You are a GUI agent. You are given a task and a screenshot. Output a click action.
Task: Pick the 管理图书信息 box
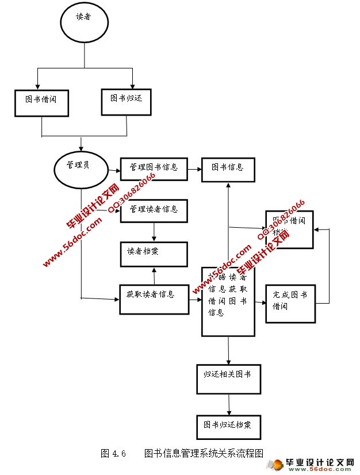coord(154,168)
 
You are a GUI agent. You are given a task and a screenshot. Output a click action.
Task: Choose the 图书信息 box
coord(228,168)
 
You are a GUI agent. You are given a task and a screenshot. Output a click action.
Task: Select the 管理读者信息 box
coord(154,209)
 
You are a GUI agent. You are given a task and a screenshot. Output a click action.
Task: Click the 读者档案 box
coord(154,254)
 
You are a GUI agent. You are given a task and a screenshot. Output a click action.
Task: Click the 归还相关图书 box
coord(228,377)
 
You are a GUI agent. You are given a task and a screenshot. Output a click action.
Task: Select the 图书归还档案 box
coord(228,426)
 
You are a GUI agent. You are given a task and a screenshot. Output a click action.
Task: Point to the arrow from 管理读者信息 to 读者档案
coord(154,232)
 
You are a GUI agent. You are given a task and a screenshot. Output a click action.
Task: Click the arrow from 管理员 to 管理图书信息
coord(114,170)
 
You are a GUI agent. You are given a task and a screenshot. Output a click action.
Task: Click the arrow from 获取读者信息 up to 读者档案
coord(154,276)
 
